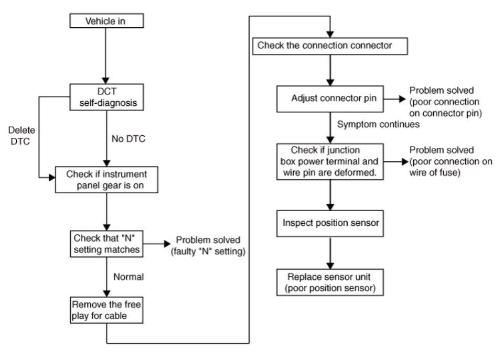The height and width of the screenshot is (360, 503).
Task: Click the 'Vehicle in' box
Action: (106, 21)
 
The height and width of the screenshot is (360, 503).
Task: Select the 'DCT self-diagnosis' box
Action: (106, 97)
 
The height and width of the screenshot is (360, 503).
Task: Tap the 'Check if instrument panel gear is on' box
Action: (106, 180)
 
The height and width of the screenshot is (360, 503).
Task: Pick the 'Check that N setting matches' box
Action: (106, 244)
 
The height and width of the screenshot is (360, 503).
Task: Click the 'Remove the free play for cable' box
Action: (106, 310)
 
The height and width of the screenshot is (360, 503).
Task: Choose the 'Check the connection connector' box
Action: (330, 46)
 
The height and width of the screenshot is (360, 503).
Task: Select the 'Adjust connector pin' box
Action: (330, 99)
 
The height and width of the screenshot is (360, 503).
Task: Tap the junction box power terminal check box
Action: (330, 161)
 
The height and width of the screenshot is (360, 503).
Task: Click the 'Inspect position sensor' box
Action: (330, 223)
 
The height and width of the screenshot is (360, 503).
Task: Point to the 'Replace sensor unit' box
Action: (330, 282)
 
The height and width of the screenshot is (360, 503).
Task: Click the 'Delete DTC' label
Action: (22, 136)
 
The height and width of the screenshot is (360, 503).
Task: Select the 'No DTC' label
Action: (129, 139)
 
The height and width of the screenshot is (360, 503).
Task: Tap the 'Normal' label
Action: (129, 277)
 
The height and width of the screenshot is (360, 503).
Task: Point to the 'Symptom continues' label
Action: (378, 124)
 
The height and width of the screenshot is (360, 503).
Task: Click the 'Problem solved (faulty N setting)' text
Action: (208, 246)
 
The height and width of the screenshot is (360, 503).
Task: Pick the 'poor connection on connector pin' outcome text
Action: (446, 102)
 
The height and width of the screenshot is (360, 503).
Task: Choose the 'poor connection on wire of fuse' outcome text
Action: (451, 161)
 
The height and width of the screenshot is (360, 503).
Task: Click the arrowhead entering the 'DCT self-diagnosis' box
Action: (105, 81)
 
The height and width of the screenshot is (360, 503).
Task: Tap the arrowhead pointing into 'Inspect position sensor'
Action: (330, 207)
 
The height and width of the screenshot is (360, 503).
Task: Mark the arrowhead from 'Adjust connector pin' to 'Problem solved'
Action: (403, 99)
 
